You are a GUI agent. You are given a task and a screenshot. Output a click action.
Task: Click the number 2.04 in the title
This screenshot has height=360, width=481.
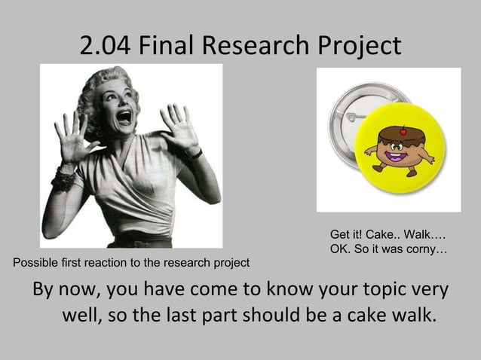point(108,47)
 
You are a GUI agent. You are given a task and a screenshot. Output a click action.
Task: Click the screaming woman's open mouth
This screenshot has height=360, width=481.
point(124,117)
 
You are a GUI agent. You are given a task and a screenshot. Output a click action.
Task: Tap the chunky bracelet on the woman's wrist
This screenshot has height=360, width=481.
point(64,178)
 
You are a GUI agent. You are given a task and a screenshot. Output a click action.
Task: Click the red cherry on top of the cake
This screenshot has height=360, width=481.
point(402,129)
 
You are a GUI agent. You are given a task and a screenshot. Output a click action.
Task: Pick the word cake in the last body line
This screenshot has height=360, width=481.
point(366,313)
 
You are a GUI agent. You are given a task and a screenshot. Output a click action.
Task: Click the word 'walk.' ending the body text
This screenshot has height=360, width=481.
point(415,313)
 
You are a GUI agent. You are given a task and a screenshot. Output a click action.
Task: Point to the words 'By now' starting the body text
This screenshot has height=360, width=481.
point(62,290)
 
